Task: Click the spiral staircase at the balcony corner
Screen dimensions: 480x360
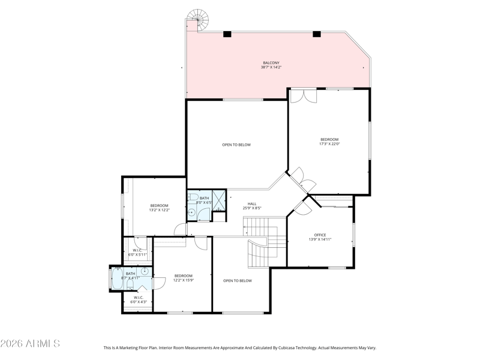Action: tap(198, 20)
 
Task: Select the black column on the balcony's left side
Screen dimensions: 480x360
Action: tap(227, 34)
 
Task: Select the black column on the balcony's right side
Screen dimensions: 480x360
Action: tap(317, 34)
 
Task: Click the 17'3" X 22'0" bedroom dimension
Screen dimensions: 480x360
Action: tap(329, 143)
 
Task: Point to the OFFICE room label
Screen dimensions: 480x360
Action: tap(320, 235)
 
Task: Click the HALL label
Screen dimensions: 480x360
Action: tap(252, 204)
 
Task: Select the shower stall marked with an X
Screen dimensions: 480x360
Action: tap(218, 200)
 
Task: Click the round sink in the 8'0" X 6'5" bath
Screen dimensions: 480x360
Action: tap(191, 212)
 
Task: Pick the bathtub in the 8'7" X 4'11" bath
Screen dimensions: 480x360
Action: tap(117, 278)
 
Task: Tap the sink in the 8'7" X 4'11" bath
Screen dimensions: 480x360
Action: tap(145, 271)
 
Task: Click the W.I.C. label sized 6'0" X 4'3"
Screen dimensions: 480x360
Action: tap(139, 299)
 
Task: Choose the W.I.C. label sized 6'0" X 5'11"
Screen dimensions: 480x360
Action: tap(137, 252)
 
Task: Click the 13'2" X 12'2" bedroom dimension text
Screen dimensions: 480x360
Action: tap(159, 211)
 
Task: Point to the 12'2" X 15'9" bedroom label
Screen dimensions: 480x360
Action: tap(184, 278)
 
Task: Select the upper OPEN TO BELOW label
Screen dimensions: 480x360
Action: tap(236, 145)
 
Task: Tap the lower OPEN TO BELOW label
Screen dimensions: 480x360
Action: tap(238, 281)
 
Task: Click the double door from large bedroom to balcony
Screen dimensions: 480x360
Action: tap(304, 95)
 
